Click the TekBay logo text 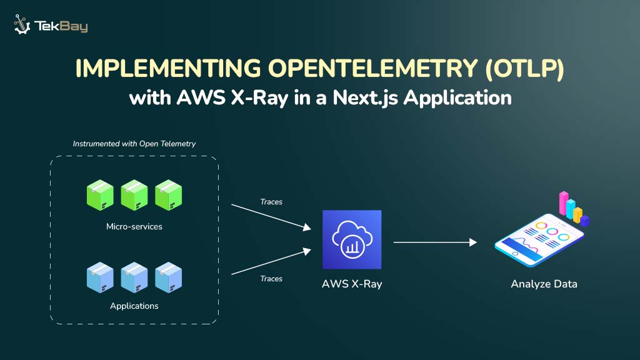click(x=61, y=26)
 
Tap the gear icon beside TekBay click(x=23, y=24)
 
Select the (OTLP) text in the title click(x=525, y=69)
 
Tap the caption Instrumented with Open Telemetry click(x=134, y=144)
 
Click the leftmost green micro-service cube click(x=100, y=195)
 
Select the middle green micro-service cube click(x=134, y=195)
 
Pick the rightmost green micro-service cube click(x=168, y=195)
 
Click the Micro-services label click(x=134, y=226)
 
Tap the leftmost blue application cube click(x=100, y=277)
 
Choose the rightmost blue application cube click(x=168, y=277)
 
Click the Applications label click(x=134, y=306)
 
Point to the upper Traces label click(x=271, y=202)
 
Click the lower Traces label click(x=271, y=279)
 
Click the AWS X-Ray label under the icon click(x=351, y=284)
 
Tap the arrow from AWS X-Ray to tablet click(x=434, y=242)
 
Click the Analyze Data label click(x=544, y=284)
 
